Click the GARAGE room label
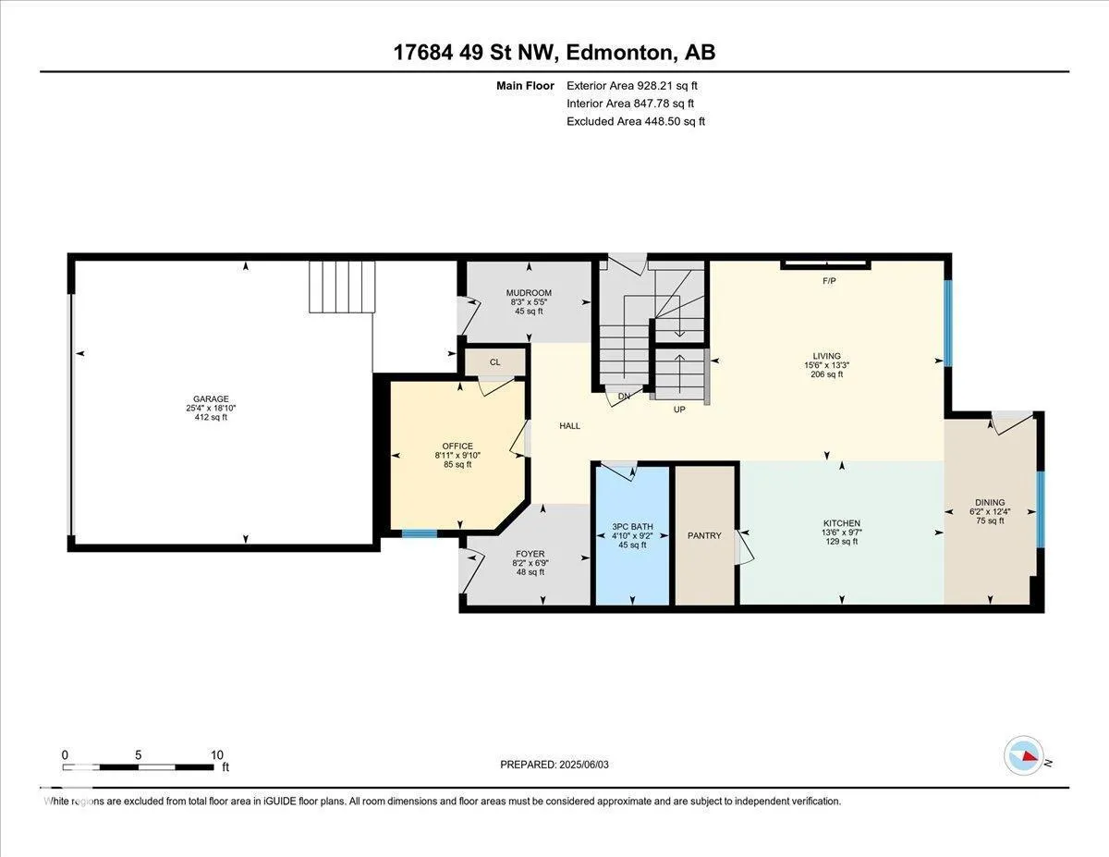[x=211, y=399]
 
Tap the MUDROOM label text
[x=529, y=293]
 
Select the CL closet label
[x=494, y=362]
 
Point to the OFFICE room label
[x=457, y=447]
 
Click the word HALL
[x=569, y=425]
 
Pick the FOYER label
[x=530, y=554]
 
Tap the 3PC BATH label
[x=632, y=527]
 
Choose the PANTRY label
[x=704, y=535]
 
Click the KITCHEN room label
[x=842, y=523]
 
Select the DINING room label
[x=990, y=502]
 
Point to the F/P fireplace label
[x=829, y=281]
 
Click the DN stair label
[x=624, y=396]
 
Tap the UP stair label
[x=679, y=410]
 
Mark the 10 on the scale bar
[x=217, y=755]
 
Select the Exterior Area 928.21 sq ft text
[x=632, y=86]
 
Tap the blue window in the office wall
[x=419, y=534]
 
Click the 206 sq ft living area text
[x=827, y=374]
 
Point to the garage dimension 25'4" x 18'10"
[x=211, y=409]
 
